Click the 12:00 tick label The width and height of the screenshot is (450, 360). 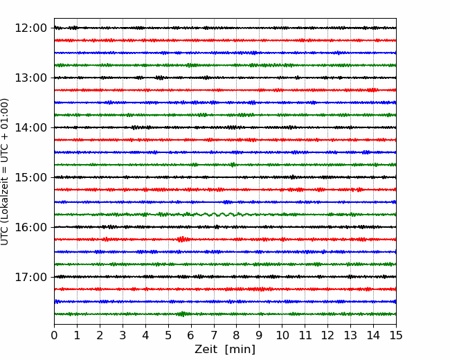pos(30,28)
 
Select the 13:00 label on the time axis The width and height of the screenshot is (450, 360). pos(30,78)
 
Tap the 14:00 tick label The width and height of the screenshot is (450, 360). pos(30,127)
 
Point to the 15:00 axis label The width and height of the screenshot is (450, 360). pos(30,177)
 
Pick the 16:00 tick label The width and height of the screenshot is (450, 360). pos(30,227)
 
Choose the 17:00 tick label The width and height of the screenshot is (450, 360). pos(30,277)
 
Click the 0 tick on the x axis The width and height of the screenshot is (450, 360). pos(54,335)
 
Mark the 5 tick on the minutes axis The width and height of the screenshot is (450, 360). pos(168,335)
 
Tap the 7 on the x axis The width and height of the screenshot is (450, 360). pos(214,335)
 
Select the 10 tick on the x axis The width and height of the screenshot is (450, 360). pos(282,335)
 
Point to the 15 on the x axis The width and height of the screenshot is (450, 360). pos(396,335)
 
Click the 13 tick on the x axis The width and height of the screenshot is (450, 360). pos(350,335)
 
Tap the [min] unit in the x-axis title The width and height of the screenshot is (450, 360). pos(240,350)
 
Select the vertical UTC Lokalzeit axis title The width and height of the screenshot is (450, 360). pos(5,172)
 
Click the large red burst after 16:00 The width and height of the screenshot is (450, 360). pos(182,239)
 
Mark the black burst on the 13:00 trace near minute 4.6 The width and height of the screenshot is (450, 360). pos(160,78)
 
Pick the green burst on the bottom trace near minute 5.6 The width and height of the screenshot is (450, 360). pos(182,314)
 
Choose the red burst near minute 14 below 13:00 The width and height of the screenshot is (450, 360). pos(372,90)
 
